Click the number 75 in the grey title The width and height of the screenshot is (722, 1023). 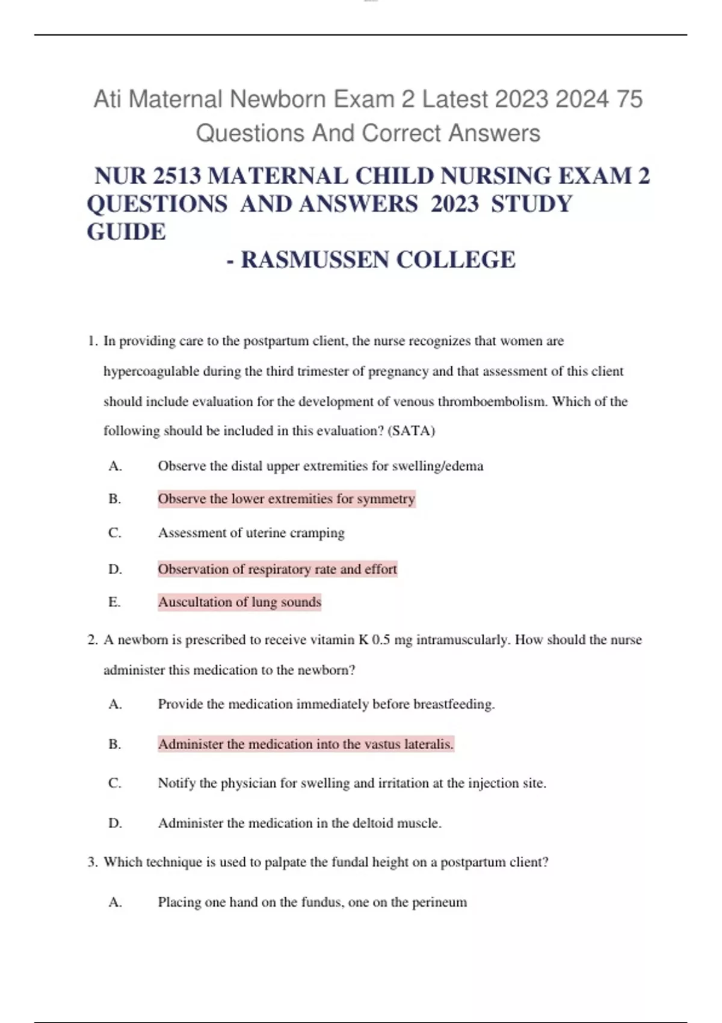coord(629,99)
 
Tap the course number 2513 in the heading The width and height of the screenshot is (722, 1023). coord(177,176)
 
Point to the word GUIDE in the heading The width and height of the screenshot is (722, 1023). coord(126,232)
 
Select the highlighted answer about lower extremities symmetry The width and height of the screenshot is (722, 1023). coord(286,499)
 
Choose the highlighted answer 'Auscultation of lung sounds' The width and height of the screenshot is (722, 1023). coord(239,602)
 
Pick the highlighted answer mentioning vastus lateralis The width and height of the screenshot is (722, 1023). coord(306,744)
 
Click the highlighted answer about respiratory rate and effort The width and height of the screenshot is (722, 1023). coord(277,569)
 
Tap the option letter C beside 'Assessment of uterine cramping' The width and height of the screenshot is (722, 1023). coord(115,533)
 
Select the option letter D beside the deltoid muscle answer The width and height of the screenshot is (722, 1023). coord(115,823)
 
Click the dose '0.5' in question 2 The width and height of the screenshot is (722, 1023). coord(381,640)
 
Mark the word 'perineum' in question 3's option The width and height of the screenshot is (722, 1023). coord(439,902)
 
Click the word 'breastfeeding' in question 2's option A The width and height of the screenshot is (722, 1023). coord(454,704)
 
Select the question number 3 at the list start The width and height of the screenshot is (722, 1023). coord(91,862)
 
